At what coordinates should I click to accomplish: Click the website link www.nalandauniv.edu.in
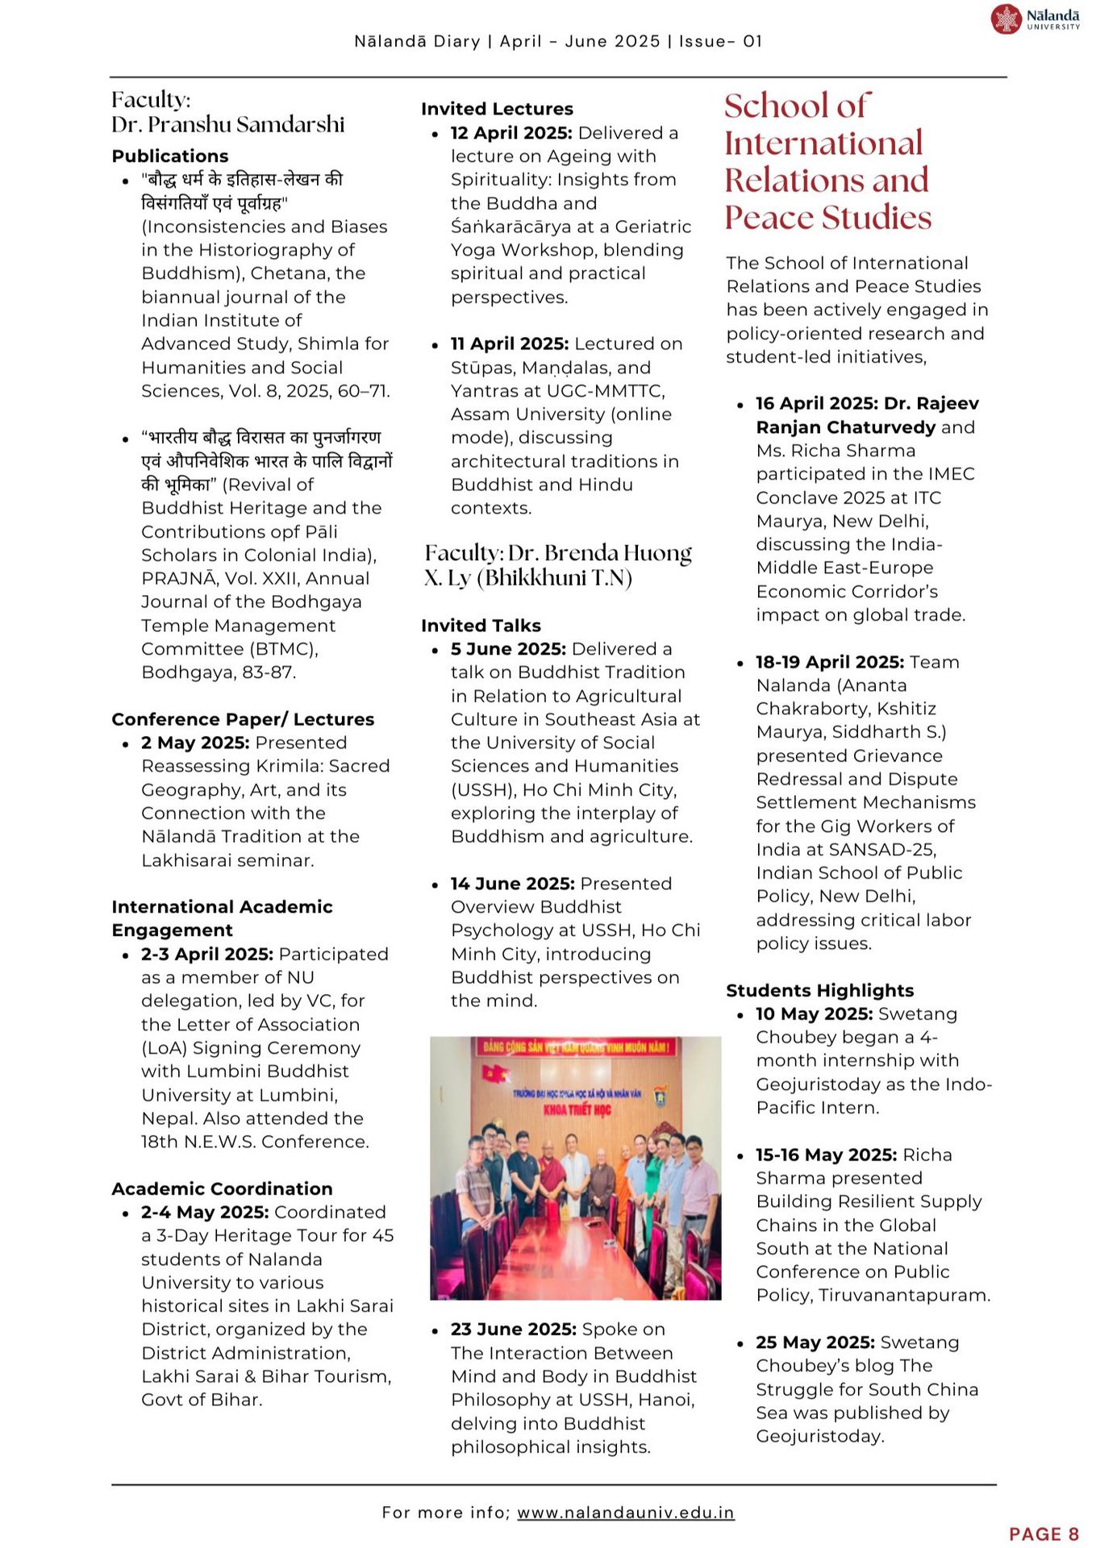[x=625, y=1513]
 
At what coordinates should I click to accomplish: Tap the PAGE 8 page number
[x=1044, y=1533]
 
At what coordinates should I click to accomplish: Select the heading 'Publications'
[x=170, y=156]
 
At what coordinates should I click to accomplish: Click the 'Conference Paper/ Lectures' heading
[x=243, y=719]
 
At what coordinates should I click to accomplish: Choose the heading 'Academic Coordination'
[x=222, y=1188]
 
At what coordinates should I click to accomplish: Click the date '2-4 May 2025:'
[x=205, y=1212]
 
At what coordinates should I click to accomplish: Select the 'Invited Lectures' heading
[x=497, y=109]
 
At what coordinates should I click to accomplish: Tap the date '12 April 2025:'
[x=511, y=132]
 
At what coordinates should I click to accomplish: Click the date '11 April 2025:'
[x=510, y=343]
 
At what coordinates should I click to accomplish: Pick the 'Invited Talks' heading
[x=481, y=626]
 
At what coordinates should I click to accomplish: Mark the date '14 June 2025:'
[x=512, y=884]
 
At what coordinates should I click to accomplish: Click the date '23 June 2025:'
[x=513, y=1330]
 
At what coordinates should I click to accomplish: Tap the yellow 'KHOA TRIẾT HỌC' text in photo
[x=576, y=1109]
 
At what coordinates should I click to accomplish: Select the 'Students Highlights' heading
[x=819, y=991]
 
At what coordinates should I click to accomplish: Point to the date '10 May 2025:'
[x=814, y=1014]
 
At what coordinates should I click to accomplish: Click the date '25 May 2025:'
[x=815, y=1342]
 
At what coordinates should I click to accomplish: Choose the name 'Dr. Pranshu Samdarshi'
[x=228, y=124]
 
